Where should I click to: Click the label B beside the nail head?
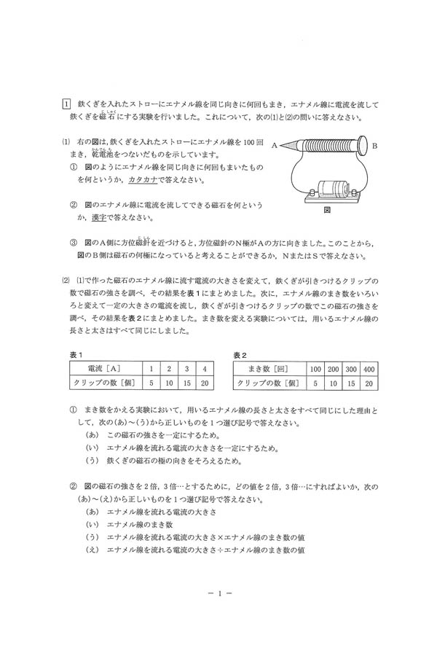[375, 146]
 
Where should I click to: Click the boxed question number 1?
[66, 104]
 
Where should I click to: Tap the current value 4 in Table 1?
[205, 369]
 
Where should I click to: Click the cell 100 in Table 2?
[315, 369]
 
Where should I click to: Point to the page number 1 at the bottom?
[219, 593]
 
